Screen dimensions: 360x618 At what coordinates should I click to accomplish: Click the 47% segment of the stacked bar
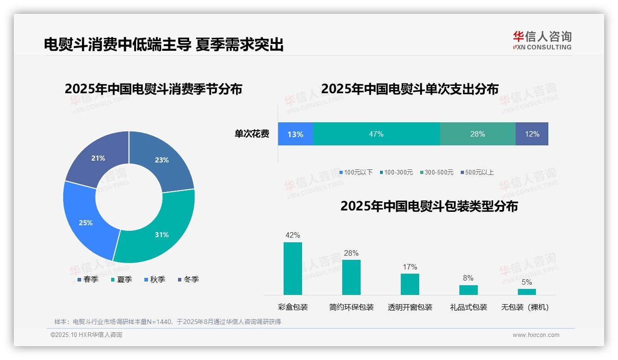[x=376, y=134]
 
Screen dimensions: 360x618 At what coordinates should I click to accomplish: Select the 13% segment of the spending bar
[x=295, y=134]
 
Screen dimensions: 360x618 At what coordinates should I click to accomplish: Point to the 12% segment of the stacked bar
[x=532, y=134]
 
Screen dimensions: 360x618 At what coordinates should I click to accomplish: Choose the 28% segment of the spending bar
[x=477, y=134]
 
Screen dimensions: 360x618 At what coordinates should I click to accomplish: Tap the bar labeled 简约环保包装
[x=351, y=277]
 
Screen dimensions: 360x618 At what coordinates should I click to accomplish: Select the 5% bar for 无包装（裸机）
[x=527, y=292]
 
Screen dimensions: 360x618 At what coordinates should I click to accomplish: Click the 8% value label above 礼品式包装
[x=468, y=278]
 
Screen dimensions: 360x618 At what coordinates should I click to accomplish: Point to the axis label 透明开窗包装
[x=410, y=307]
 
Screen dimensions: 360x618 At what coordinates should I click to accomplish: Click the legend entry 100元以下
[x=356, y=172]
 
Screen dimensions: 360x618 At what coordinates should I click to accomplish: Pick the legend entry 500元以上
[x=477, y=172]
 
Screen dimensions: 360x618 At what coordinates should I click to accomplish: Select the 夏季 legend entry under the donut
[x=122, y=279]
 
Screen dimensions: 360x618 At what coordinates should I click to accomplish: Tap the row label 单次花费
[x=252, y=134]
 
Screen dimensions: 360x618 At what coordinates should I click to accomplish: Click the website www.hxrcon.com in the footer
[x=536, y=335]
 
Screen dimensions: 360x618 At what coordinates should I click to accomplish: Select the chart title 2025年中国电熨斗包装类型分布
[x=429, y=206]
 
